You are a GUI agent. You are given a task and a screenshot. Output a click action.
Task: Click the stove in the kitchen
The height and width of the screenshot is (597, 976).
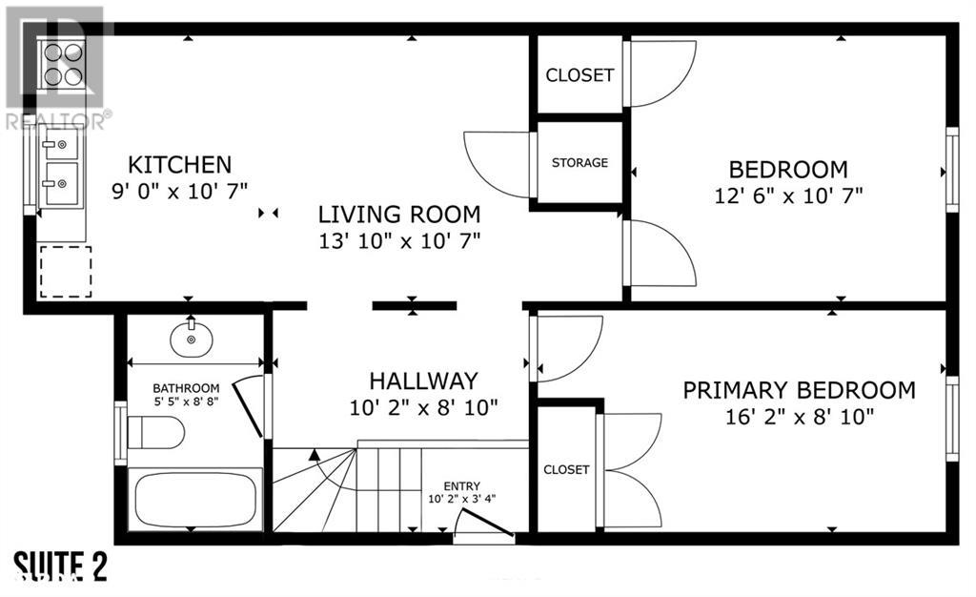[x=64, y=63]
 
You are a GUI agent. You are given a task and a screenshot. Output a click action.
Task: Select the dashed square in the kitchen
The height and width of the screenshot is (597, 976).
[x=66, y=272]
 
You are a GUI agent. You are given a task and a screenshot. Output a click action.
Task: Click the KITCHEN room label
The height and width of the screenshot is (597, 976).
[x=179, y=165]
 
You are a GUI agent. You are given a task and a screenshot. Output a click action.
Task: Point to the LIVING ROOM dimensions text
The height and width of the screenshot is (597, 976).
[x=399, y=241]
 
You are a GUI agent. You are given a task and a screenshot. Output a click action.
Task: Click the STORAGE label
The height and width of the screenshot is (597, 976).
[x=579, y=162]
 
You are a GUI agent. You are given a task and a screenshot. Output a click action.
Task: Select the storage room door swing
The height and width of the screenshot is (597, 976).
[x=498, y=165]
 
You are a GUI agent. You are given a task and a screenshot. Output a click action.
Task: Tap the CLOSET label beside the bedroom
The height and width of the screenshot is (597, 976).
[x=579, y=75]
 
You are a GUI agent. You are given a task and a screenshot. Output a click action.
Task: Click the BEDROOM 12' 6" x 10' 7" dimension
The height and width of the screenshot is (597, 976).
[x=788, y=196]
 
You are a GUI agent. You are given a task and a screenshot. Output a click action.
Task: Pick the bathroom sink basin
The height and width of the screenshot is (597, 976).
[x=191, y=338]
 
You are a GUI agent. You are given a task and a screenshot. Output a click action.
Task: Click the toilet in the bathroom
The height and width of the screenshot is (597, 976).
[x=155, y=432]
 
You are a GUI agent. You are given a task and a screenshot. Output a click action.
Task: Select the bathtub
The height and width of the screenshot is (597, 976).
[x=195, y=500]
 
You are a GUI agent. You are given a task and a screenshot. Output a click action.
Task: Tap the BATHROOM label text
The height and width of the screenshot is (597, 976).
[x=186, y=388]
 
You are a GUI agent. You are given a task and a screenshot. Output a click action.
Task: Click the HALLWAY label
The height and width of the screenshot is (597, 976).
[x=423, y=381]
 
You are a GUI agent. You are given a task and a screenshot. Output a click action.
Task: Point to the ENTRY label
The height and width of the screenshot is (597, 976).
[x=462, y=486]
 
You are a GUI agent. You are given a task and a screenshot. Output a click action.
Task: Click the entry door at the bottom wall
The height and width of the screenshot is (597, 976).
[x=484, y=523]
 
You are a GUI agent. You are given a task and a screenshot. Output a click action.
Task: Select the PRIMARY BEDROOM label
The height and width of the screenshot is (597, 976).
[x=800, y=390]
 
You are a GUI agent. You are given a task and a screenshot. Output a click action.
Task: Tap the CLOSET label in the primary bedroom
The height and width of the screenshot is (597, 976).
[x=566, y=469]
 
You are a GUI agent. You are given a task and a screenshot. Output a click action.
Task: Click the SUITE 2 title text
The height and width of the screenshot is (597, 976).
[x=60, y=567]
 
